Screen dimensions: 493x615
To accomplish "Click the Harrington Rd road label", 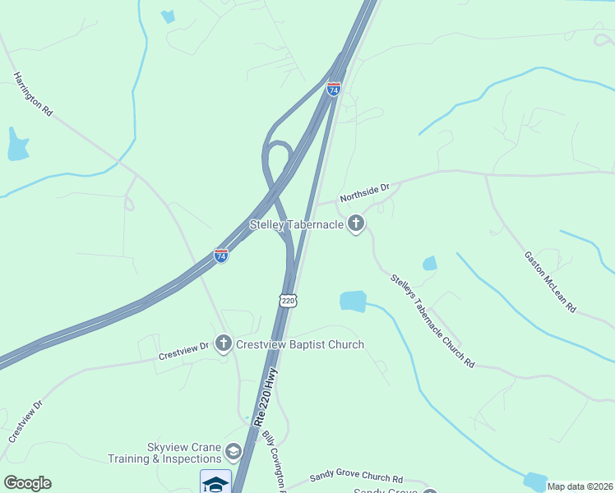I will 32,94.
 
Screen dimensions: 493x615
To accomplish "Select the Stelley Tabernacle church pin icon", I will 356,223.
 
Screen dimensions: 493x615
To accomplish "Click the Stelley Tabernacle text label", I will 297,224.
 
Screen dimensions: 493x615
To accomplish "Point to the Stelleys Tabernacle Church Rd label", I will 432,320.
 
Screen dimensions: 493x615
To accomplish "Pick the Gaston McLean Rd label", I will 550,281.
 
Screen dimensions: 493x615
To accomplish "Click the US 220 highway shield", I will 287,301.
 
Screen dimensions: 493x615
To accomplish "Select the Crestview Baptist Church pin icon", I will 223,343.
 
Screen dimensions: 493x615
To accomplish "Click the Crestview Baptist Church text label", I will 299,344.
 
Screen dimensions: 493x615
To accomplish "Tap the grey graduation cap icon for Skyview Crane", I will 234,451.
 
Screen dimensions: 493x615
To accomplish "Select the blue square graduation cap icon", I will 215,481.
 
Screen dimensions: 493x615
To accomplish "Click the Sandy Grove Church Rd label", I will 356,477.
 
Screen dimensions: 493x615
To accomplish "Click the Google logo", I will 27,483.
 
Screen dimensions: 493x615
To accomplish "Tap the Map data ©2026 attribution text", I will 580,486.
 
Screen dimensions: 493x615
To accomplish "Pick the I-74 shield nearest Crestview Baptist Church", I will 221,256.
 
